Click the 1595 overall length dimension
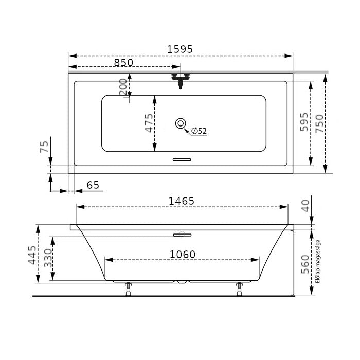[180, 49]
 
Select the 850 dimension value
[123, 62]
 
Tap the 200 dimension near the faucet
[123, 87]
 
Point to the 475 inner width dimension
[149, 123]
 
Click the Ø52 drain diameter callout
[199, 131]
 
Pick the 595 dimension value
[304, 122]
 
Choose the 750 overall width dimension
[319, 123]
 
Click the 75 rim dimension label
[44, 147]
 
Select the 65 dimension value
[93, 185]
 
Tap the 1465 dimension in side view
[182, 201]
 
